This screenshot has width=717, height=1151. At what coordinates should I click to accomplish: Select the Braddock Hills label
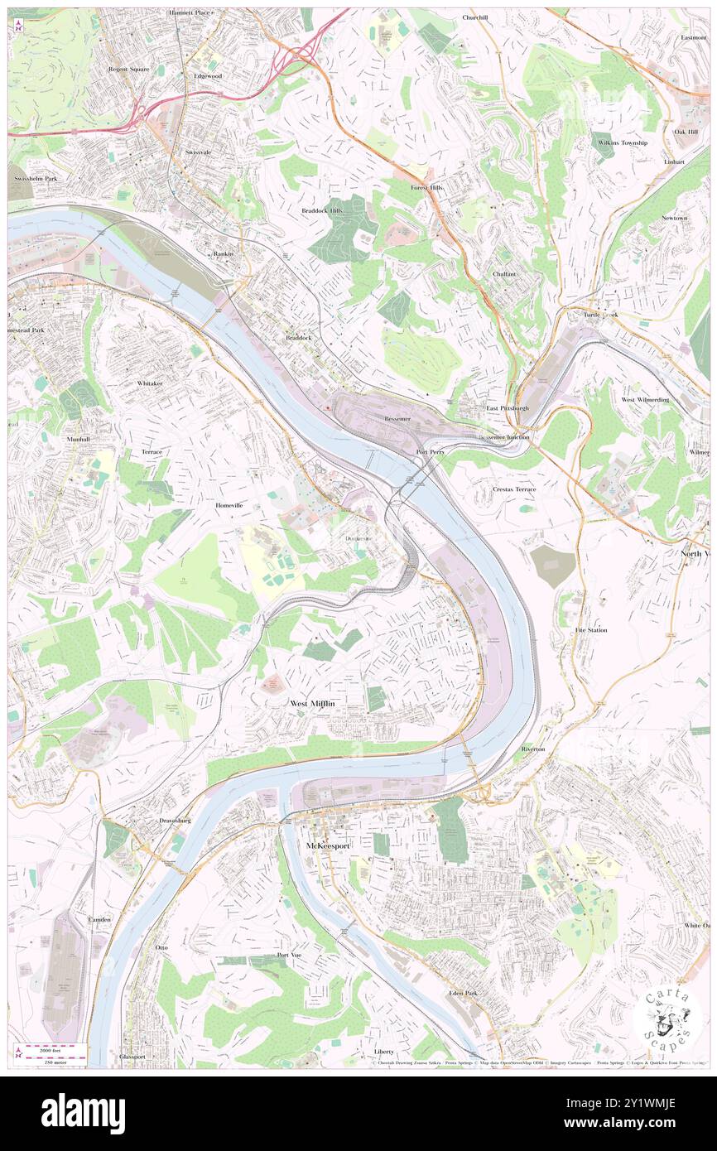coord(321,211)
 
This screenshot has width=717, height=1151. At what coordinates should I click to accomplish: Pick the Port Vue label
coord(289,955)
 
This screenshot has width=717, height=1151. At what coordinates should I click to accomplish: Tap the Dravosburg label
coord(175,821)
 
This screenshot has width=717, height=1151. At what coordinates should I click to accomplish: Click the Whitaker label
coord(150,384)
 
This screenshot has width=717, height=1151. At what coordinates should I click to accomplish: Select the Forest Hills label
coord(427,188)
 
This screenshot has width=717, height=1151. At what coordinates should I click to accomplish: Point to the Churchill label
coord(475,17)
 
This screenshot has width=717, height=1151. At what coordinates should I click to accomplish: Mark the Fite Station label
coord(591,630)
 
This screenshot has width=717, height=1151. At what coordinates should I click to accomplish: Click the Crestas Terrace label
coord(514,489)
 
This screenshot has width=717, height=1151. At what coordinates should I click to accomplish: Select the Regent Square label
coord(129,70)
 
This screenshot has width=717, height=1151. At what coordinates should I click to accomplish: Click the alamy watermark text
coord(83,1113)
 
